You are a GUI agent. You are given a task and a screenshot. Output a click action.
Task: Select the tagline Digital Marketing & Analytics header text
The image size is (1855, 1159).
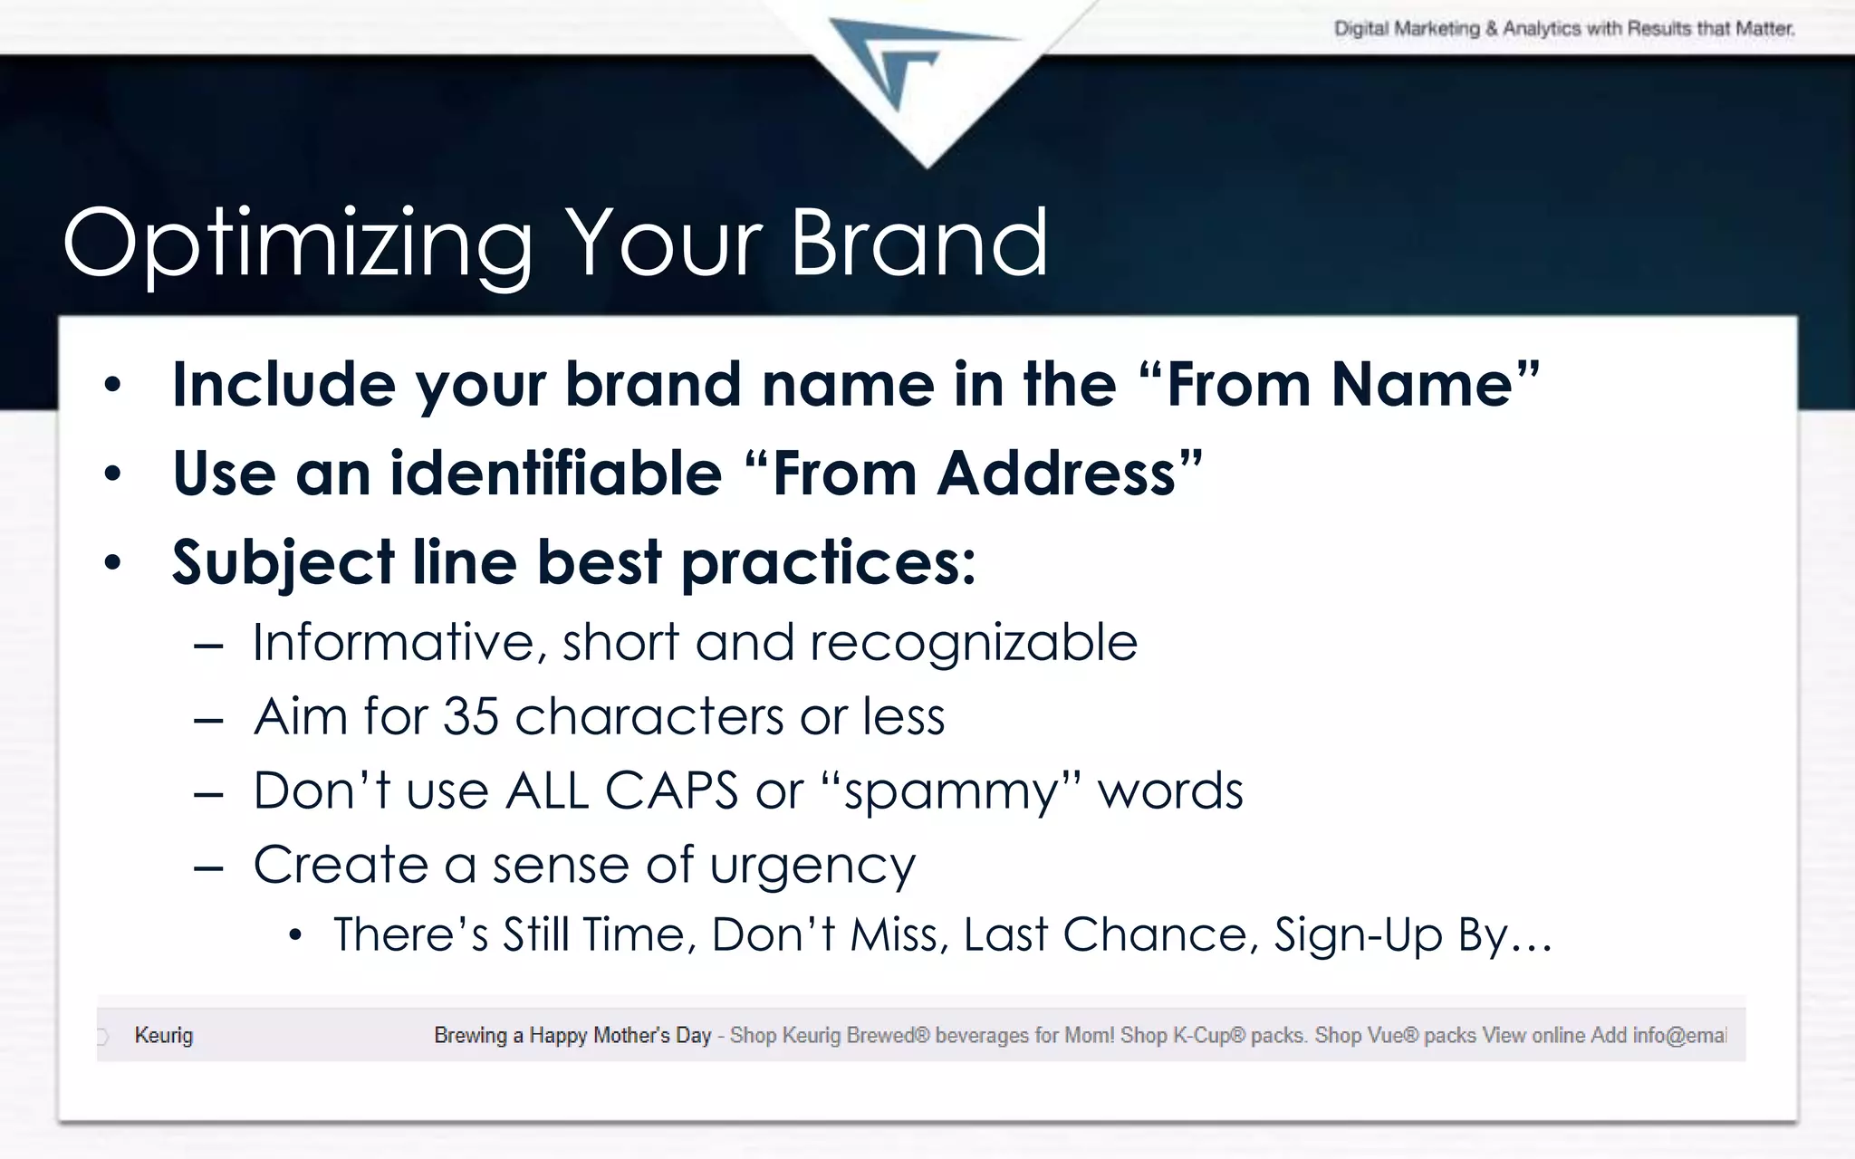tap(1563, 29)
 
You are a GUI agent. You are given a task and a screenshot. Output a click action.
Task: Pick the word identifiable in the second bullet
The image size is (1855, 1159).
tap(555, 473)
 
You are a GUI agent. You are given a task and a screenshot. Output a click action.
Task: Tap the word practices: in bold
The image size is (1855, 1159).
tap(828, 563)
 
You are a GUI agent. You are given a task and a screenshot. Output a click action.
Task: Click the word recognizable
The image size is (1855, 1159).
tap(973, 643)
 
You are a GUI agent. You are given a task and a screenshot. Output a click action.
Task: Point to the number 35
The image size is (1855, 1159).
tap(471, 717)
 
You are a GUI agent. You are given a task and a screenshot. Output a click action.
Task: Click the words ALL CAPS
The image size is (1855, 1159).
tap(621, 790)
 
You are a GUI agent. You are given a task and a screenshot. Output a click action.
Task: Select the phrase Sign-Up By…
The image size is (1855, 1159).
tap(1413, 934)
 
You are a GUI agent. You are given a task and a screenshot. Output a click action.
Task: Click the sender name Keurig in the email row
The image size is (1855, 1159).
tap(164, 1035)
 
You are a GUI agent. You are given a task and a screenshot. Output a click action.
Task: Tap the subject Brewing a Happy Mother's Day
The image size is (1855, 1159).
tap(572, 1035)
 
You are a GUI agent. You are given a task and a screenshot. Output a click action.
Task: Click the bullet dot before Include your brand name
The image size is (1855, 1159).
tap(112, 385)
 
